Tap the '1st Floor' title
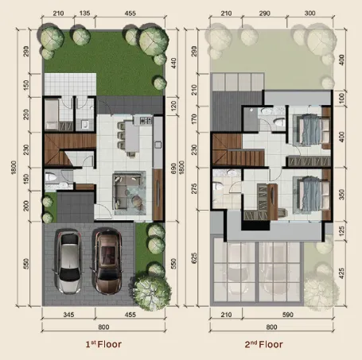click(x=103, y=344)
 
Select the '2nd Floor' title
click(x=263, y=344)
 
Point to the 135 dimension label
click(x=84, y=13)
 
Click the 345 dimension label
click(x=68, y=315)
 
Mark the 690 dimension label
click(x=173, y=168)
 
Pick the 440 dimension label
click(x=173, y=64)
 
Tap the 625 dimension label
click(x=194, y=258)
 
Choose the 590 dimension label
click(x=288, y=315)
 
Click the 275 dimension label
click(x=194, y=188)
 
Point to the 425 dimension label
click(x=341, y=273)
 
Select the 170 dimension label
click(x=194, y=119)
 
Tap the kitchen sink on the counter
click(x=158, y=145)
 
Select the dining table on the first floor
click(x=131, y=137)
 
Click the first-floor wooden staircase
click(x=69, y=149)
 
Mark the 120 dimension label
click(x=173, y=106)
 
